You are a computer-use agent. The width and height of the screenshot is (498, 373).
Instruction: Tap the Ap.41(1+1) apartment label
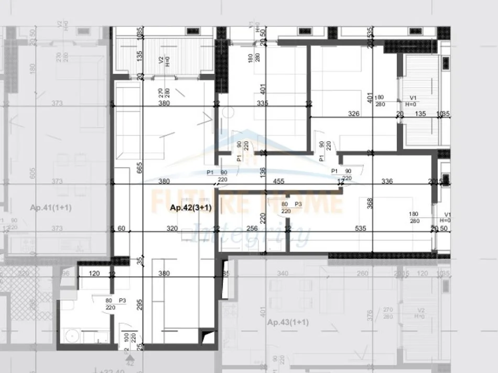pyautogui.click(x=51, y=208)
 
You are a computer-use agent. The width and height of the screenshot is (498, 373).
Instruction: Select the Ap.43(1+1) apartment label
pyautogui.click(x=288, y=322)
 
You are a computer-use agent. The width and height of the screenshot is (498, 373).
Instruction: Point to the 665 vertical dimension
pyautogui.click(x=139, y=167)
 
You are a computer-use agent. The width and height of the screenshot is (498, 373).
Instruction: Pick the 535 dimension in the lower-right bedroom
pyautogui.click(x=361, y=228)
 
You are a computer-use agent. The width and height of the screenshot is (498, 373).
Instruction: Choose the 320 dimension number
pyautogui.click(x=171, y=228)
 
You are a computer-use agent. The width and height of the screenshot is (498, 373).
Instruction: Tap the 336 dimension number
pyautogui.click(x=387, y=182)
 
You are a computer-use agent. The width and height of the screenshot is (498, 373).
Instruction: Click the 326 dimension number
pyautogui.click(x=354, y=114)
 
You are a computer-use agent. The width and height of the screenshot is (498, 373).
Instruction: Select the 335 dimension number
pyautogui.click(x=262, y=103)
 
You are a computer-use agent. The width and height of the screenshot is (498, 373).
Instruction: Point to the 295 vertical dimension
pyautogui.click(x=139, y=306)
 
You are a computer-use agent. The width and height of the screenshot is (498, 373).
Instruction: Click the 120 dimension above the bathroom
pyautogui.click(x=94, y=273)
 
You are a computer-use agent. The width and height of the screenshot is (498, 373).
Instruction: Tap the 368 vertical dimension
pyautogui.click(x=370, y=203)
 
